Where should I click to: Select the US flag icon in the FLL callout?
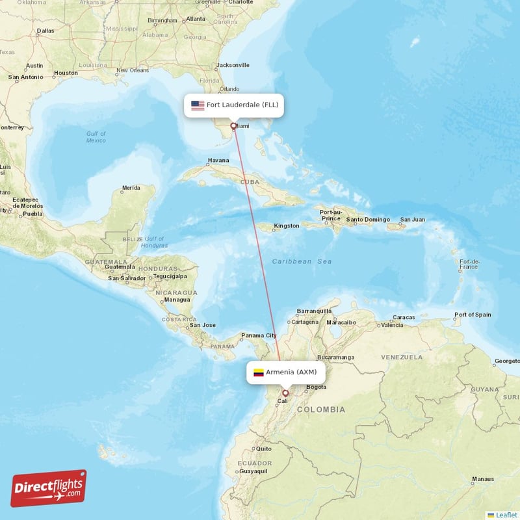[198, 105]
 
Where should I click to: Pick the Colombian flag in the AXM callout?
[259, 372]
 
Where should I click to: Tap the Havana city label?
[218, 161]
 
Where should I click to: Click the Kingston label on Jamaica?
[286, 226]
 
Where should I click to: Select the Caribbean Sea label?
[302, 261]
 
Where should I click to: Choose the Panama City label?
[259, 336]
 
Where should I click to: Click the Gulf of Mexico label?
[96, 136]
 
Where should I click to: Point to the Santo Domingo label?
[368, 220]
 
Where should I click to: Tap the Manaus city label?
[482, 479]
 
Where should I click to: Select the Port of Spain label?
[473, 315]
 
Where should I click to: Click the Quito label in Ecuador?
[263, 448]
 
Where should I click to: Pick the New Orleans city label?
[133, 70]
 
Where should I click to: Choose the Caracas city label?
[404, 317]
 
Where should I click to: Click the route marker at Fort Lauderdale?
[233, 125]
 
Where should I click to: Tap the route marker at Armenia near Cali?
[285, 393]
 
